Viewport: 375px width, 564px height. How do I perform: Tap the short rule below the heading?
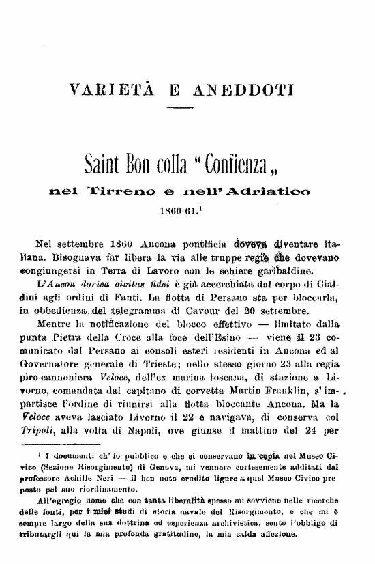click(179, 109)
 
